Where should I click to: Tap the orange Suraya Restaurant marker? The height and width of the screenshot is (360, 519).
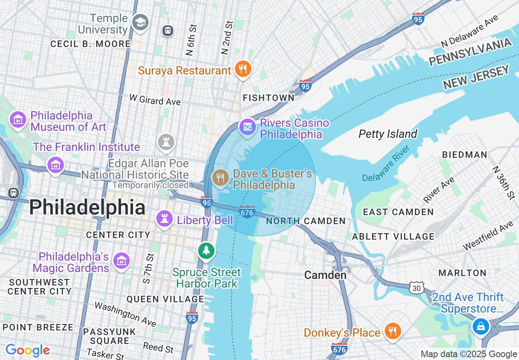coord(243,69)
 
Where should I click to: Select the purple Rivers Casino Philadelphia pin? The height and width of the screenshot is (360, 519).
coord(248,128)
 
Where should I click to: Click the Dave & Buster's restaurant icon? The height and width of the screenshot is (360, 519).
coord(220,178)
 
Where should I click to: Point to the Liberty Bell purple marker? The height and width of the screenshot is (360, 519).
coord(165,219)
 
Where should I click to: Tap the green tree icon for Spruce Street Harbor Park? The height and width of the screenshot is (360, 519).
coord(206,250)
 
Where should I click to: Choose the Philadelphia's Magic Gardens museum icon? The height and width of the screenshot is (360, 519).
coord(122,261)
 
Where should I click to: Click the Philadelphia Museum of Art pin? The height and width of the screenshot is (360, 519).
coord(18,120)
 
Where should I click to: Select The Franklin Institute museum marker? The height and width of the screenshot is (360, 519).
coord(55,164)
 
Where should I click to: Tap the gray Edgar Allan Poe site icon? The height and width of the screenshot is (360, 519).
coord(166,142)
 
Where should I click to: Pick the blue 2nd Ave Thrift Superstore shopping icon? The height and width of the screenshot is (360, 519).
coord(481,326)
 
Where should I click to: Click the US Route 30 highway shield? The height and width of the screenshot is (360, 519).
coord(416,288)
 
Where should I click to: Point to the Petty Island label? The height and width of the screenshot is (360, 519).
coord(388,134)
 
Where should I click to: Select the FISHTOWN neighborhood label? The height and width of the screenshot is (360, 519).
coord(269,98)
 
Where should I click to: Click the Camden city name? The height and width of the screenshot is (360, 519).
coord(325,275)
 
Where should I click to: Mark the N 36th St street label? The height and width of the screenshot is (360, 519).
coord(503,182)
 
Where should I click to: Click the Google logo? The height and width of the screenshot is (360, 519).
coord(27,350)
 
